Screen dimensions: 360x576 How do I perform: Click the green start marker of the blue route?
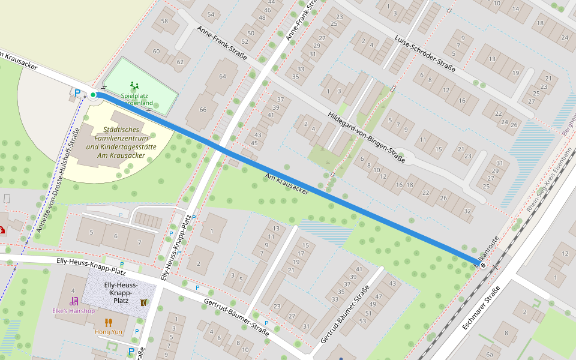pos(94,95)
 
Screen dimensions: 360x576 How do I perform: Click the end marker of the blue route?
pos(483,265)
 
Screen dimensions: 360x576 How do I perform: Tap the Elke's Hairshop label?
pos(74,311)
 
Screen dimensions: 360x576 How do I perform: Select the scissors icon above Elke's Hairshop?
pos(74,301)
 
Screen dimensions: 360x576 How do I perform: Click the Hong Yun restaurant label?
pos(108,331)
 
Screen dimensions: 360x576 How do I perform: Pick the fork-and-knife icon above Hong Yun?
pos(108,322)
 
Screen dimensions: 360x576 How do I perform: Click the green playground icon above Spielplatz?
pos(134,86)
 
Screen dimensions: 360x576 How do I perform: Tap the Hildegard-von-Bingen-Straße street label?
pos(367,138)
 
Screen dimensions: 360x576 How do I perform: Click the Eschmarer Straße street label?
pos(482,309)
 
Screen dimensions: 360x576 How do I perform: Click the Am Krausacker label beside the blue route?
pos(287,183)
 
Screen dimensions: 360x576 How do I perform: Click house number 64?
pos(223,76)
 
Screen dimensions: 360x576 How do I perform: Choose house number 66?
pos(203,109)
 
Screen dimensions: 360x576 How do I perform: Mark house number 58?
pos(164,22)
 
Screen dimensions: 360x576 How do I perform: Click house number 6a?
pos(490,355)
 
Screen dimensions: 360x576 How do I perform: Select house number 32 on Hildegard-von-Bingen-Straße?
pos(467,211)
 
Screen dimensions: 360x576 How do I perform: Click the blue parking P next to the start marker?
pos(77,92)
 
